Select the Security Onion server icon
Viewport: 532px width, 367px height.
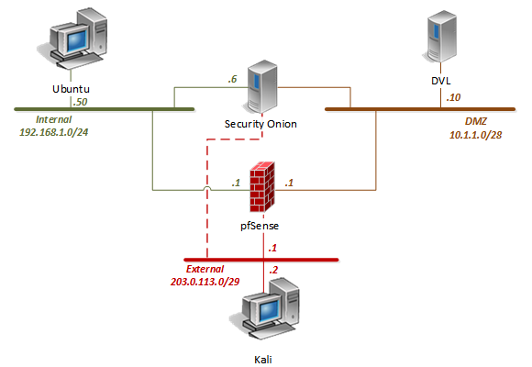click(262, 86)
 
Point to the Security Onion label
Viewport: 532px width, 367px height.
click(262, 122)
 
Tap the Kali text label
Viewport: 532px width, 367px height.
click(264, 361)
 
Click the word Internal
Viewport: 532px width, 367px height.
click(53, 119)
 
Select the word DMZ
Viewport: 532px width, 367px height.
click(477, 120)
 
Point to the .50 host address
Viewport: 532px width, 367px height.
click(82, 101)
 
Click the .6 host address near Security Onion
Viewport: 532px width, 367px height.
click(234, 80)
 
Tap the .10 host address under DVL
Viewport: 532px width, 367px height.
click(452, 97)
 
